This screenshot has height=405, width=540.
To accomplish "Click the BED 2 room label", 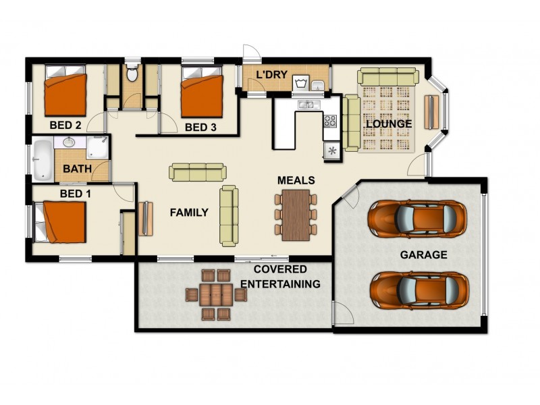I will (65, 125).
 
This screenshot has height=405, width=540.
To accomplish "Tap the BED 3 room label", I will (200, 127).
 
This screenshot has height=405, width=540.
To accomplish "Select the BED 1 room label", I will (75, 194).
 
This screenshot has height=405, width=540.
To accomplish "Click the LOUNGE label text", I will (388, 124).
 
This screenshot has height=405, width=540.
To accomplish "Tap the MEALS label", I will (296, 180).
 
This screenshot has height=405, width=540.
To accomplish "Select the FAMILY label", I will (188, 213).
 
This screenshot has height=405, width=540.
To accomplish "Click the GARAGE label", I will (423, 254).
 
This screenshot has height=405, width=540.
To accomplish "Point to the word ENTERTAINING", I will (280, 284).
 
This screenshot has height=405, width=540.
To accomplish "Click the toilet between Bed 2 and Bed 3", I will (132, 74).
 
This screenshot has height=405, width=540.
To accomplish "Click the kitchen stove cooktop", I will (331, 122).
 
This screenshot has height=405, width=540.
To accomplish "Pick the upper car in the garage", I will (416, 217).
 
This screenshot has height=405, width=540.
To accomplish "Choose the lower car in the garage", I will (418, 290).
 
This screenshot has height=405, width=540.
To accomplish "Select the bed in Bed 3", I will (202, 96).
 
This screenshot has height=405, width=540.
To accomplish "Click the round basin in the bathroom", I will (67, 142).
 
